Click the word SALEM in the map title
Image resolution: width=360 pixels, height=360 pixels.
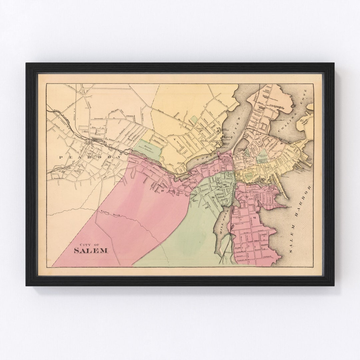pyautogui.click(x=91, y=250)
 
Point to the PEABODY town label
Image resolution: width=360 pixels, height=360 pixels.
pyautogui.click(x=90, y=157)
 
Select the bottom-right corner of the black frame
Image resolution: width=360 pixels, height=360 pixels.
pyautogui.click(x=334, y=285)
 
